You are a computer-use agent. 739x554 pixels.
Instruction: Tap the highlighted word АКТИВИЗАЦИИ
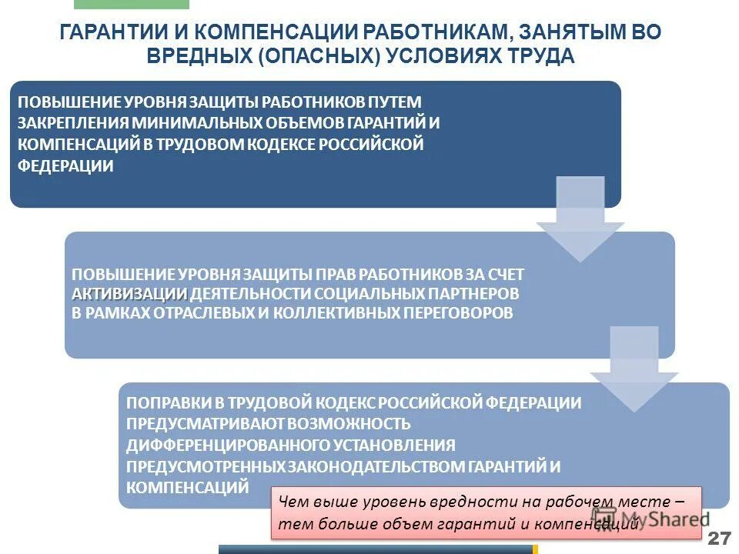pos(130,294)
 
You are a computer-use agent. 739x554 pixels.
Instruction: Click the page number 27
pos(719,536)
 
